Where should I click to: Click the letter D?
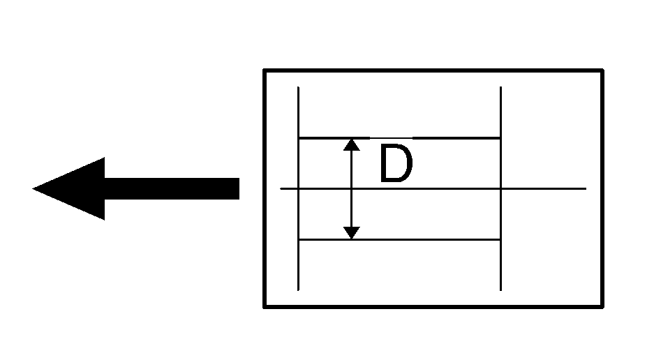point(396,163)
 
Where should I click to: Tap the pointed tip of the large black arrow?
point(33,188)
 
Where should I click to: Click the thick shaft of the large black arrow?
point(172,188)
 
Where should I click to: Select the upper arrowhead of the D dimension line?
point(352,144)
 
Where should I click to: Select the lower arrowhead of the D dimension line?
point(352,232)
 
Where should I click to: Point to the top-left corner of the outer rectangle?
point(265,70)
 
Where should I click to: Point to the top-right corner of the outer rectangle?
point(602,70)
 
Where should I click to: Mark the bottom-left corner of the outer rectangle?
point(265,307)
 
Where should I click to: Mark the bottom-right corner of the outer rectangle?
point(602,307)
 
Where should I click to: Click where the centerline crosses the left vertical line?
point(298,189)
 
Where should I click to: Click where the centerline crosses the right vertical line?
point(500,189)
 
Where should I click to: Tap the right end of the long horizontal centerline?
point(586,189)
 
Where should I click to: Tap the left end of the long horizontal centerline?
point(281,189)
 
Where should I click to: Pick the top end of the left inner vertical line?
point(298,87)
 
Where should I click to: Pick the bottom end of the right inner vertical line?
point(500,290)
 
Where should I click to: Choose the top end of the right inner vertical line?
point(500,87)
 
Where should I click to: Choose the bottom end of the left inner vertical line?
point(298,290)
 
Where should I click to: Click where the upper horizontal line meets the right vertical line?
point(500,137)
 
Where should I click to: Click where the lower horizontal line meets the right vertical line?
point(500,239)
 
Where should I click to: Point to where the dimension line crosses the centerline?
point(352,189)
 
